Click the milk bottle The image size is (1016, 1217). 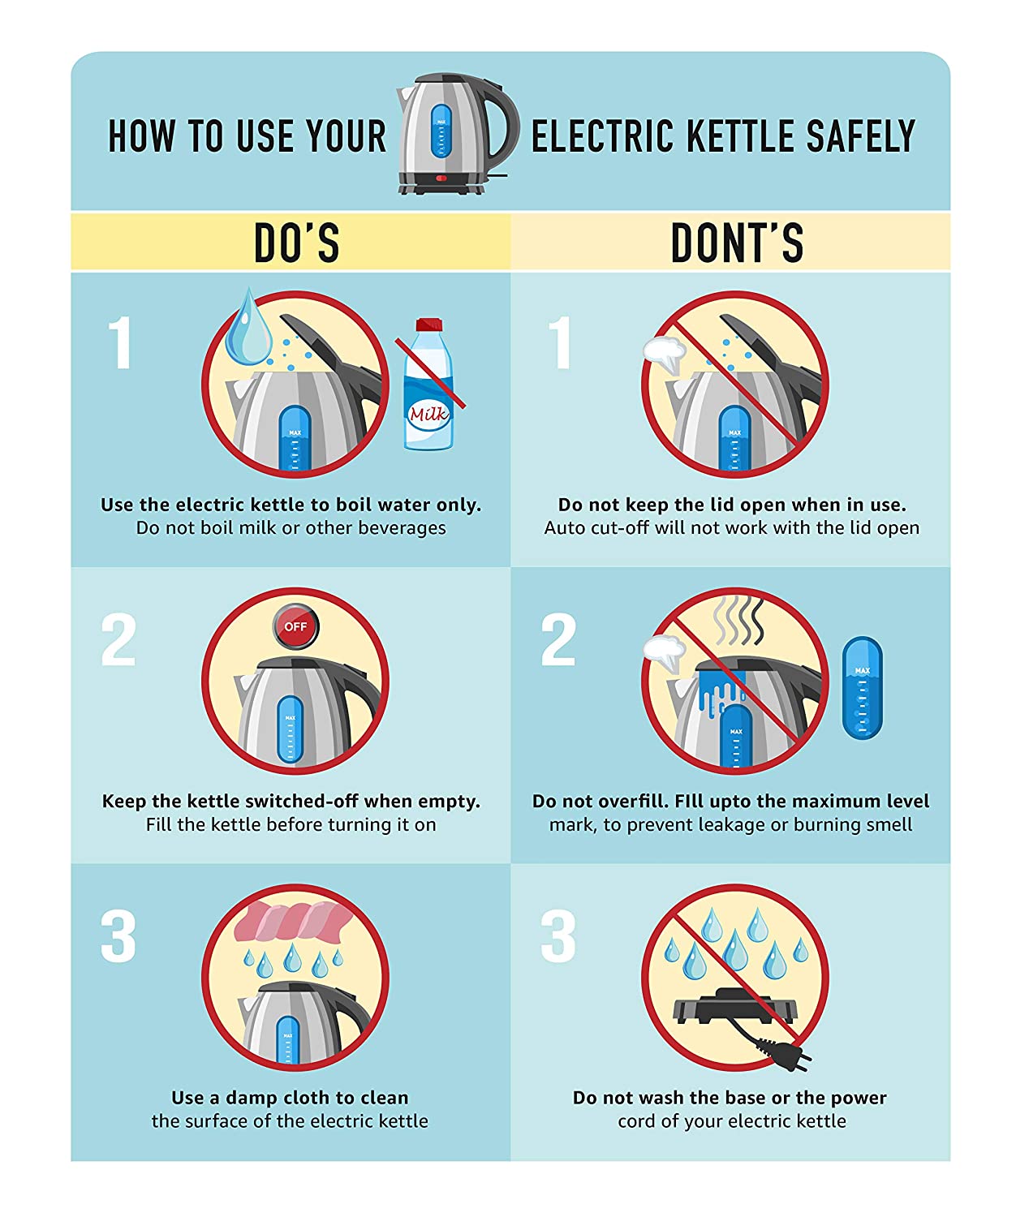click(x=428, y=385)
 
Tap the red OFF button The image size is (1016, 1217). click(x=295, y=626)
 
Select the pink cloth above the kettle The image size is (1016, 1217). click(x=293, y=922)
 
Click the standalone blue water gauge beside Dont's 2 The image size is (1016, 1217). click(x=862, y=688)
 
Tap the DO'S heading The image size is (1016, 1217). click(x=297, y=243)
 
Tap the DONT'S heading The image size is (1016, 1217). click(x=737, y=243)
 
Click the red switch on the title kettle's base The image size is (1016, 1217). click(x=441, y=178)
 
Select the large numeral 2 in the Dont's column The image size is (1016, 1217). click(x=558, y=639)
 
